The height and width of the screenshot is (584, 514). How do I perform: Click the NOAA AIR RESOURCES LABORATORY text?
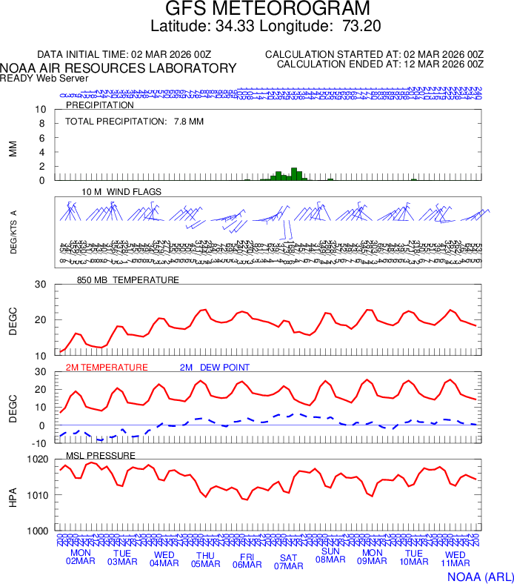[x=119, y=68]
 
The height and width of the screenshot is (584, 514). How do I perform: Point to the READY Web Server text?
[x=44, y=78]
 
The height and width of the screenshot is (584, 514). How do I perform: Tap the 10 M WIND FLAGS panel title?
[x=121, y=191]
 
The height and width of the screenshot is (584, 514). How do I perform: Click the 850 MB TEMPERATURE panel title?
[x=127, y=280]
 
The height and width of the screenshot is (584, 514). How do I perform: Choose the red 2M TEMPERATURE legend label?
[x=107, y=368]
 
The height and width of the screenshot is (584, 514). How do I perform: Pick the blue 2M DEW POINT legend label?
[x=215, y=368]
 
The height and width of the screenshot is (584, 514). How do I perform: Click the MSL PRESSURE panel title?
[x=101, y=455]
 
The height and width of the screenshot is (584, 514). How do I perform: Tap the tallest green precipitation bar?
[x=293, y=174]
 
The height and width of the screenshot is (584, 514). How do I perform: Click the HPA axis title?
[x=13, y=494]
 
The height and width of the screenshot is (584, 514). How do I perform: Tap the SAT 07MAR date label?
[x=289, y=562]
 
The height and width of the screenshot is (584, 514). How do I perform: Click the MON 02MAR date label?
[x=81, y=557]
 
